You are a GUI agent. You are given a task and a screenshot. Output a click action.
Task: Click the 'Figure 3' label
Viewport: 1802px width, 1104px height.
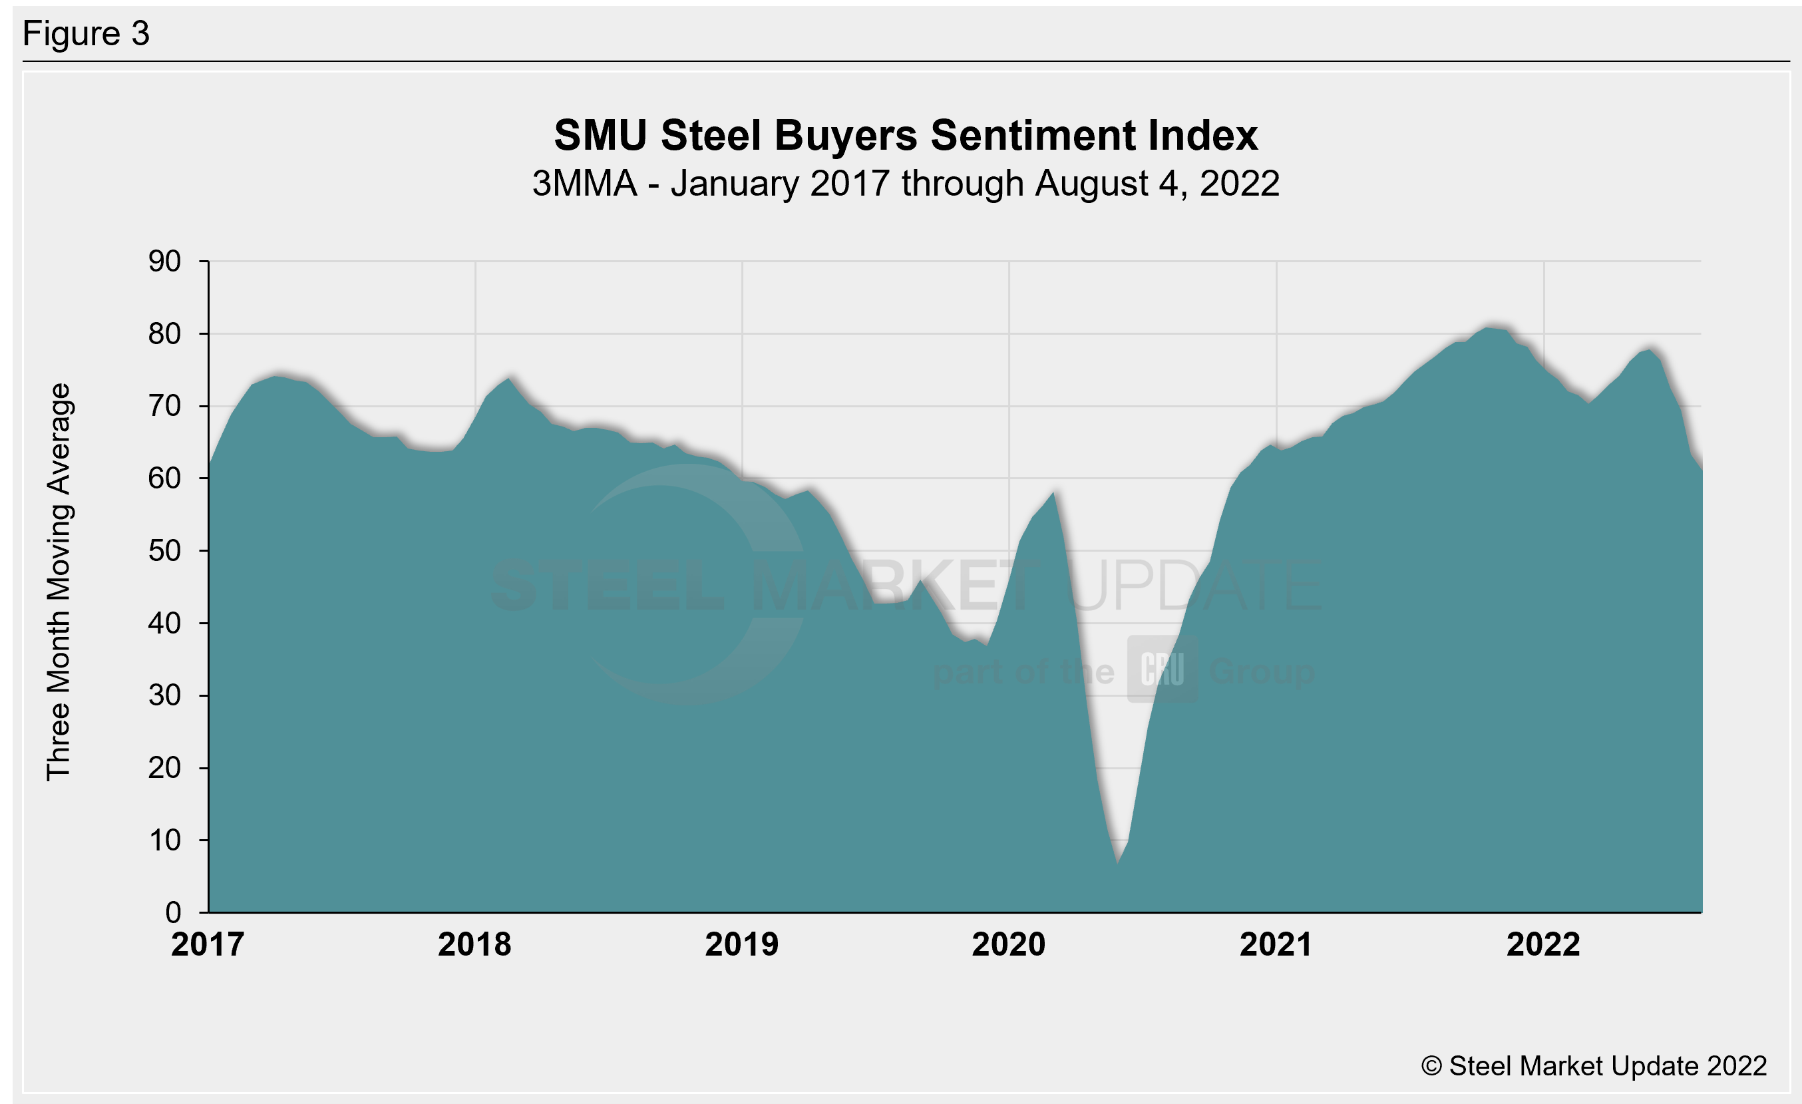[x=87, y=34]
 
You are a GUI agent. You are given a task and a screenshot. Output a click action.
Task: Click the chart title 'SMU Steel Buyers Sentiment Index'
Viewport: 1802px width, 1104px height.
[x=906, y=135]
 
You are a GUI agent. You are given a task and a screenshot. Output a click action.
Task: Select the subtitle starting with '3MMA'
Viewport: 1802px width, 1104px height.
[x=906, y=183]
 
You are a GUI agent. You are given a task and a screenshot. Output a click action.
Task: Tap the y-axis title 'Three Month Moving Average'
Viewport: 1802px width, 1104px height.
[x=59, y=582]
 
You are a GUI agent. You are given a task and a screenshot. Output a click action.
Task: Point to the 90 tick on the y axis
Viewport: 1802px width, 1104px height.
[x=164, y=261]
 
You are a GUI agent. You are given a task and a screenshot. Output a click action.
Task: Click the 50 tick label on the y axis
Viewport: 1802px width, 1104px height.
[x=164, y=550]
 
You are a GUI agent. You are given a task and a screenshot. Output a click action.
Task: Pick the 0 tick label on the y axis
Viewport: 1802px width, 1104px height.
[x=173, y=912]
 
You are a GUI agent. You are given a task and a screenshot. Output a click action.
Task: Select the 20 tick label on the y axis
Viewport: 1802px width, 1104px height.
[x=164, y=768]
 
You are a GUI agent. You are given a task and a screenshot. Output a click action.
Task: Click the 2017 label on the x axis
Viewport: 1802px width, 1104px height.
[x=208, y=944]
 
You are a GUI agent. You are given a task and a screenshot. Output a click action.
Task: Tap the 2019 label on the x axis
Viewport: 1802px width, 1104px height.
[x=741, y=944]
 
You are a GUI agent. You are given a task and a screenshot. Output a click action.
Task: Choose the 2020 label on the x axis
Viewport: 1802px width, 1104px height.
[x=1009, y=944]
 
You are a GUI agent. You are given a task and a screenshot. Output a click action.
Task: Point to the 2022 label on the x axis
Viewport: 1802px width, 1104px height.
[x=1543, y=944]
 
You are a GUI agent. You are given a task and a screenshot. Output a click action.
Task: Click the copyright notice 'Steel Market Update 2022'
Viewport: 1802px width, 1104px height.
[x=1594, y=1066]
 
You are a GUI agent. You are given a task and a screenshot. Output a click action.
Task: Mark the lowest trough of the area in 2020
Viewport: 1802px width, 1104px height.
[x=1117, y=862]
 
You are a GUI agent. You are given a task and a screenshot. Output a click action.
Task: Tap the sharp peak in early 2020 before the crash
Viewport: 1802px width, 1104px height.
[x=1053, y=493]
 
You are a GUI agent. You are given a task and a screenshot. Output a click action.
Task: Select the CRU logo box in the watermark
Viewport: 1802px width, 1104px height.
[x=1163, y=669]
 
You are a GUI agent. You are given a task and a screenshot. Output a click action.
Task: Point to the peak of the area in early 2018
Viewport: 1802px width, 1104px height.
[x=510, y=378]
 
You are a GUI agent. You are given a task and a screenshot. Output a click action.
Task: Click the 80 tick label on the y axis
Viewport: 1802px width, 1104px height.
[x=164, y=333]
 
